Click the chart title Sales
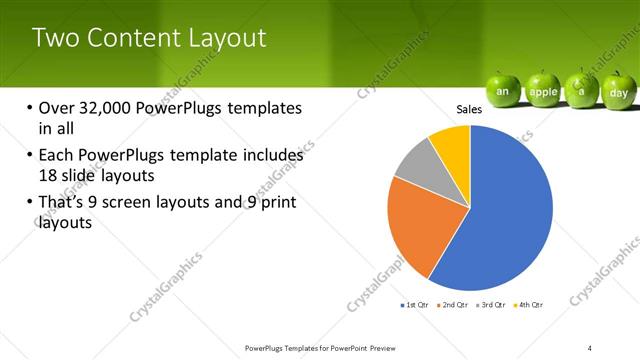pyautogui.click(x=470, y=109)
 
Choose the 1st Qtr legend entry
pyautogui.click(x=415, y=304)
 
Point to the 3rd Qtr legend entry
pyautogui.click(x=493, y=304)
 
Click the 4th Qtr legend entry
pyautogui.click(x=529, y=304)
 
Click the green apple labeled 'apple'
pyautogui.click(x=543, y=90)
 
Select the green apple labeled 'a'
pyautogui.click(x=581, y=89)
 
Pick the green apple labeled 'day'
pyautogui.click(x=618, y=91)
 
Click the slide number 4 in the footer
pyautogui.click(x=590, y=347)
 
